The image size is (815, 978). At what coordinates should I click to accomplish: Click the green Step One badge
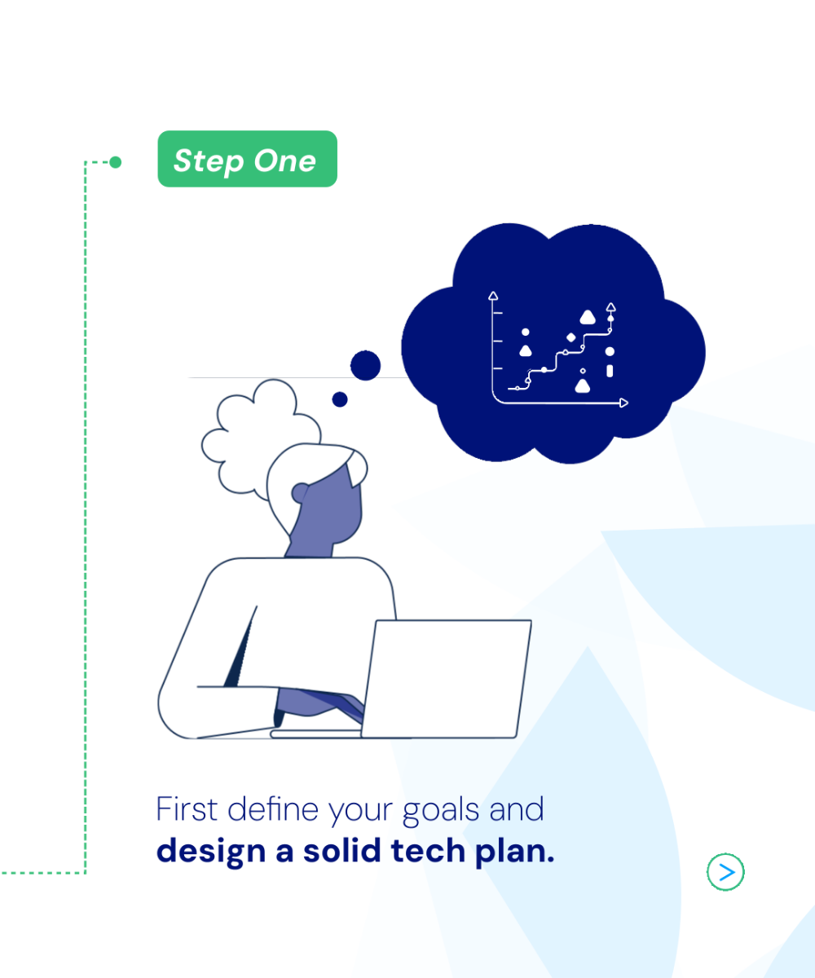click(247, 159)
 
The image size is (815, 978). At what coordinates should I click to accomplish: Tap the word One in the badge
click(284, 161)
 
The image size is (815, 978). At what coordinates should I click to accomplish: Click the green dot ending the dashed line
click(115, 162)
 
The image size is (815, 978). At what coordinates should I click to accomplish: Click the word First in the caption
click(187, 809)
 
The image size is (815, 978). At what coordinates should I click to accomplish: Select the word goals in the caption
click(441, 811)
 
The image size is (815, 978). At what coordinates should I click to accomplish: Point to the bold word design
click(211, 851)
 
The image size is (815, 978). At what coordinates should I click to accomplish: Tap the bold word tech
click(428, 850)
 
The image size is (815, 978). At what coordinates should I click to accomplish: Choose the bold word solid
click(342, 850)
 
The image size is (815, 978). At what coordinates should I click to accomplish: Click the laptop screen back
click(447, 679)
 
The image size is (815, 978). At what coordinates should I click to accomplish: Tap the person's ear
click(300, 493)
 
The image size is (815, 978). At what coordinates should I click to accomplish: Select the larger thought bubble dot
click(365, 365)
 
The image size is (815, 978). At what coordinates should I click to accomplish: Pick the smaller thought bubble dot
click(340, 399)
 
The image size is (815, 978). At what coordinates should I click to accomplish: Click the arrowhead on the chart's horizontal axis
click(624, 403)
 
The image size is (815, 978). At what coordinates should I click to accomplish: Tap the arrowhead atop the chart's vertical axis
click(493, 296)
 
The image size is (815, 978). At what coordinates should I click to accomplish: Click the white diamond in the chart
click(571, 337)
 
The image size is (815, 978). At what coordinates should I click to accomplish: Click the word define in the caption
click(272, 809)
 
